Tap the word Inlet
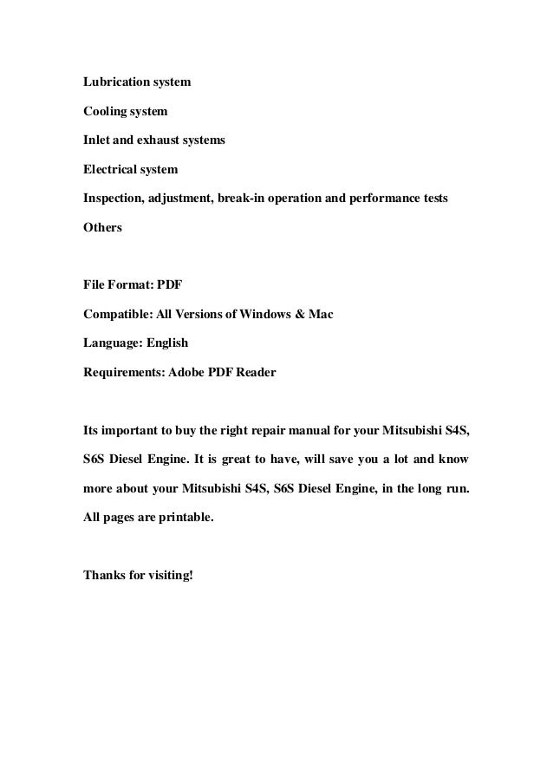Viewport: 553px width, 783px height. click(x=97, y=140)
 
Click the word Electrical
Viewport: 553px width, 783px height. click(x=110, y=170)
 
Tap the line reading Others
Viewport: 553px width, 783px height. click(x=102, y=227)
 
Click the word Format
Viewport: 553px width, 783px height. click(x=132, y=284)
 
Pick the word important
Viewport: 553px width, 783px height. click(x=132, y=429)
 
